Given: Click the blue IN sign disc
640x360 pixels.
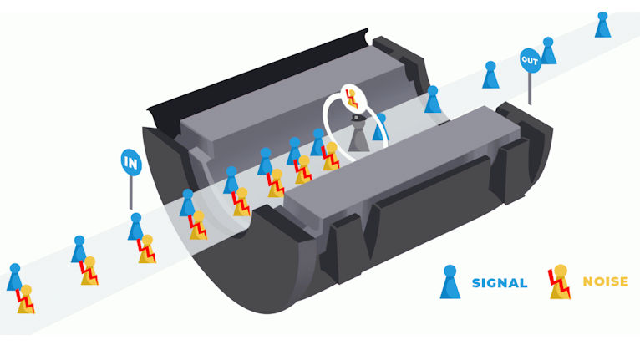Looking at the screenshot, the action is tap(131, 162).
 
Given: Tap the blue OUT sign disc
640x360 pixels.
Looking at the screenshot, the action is tap(531, 60).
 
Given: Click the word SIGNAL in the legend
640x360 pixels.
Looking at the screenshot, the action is tap(500, 283).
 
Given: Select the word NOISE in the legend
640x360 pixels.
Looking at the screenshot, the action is tap(605, 281).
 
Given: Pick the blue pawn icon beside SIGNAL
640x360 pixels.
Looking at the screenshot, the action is tap(450, 282).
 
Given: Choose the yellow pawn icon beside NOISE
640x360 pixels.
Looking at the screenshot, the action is tap(560, 281).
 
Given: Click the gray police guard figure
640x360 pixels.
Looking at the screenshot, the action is tap(358, 133).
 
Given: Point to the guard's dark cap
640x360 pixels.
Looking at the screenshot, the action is tap(359, 118).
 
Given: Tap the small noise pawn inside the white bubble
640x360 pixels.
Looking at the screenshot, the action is tap(352, 99).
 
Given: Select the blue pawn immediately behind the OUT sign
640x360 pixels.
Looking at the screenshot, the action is tap(548, 51).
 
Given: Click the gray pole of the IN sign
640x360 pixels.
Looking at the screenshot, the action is tap(131, 193).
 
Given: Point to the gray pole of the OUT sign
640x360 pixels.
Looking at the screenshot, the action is tap(530, 89).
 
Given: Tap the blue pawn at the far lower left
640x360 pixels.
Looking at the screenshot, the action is tap(14, 277).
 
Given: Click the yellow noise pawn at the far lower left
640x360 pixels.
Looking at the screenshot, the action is tap(26, 299).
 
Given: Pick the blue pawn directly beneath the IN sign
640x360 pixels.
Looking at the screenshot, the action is tap(135, 226).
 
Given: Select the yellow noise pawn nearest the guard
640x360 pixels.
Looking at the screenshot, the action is tap(330, 156).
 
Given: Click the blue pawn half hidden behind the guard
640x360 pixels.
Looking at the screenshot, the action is tap(380, 127).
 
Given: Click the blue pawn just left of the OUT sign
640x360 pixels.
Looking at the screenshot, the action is tap(490, 74).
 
